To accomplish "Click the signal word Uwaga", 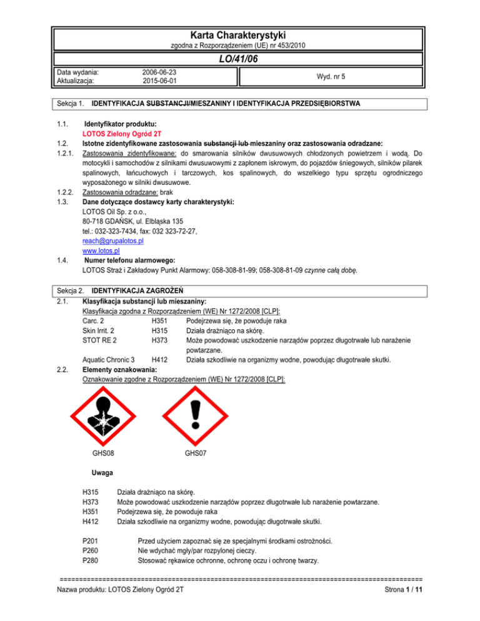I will pyautogui.click(x=102, y=473).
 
